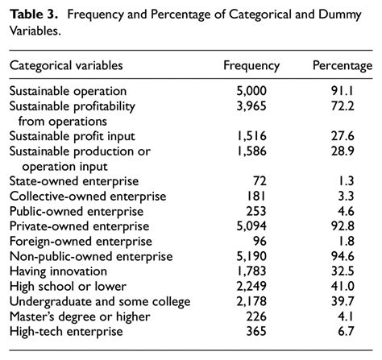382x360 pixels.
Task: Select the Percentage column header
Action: click(x=342, y=66)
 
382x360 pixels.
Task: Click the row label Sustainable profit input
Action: click(x=72, y=136)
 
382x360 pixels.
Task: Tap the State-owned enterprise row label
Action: click(x=74, y=181)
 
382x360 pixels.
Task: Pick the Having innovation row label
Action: click(x=58, y=271)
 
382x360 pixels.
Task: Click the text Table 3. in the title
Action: click(x=32, y=15)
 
